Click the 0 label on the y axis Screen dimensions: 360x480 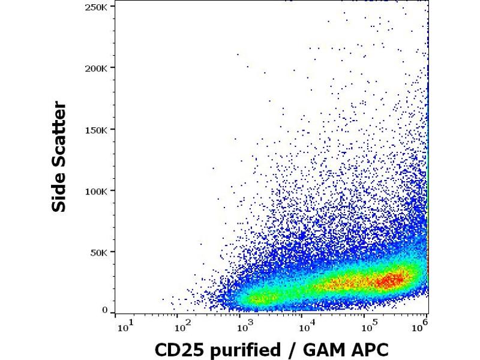coord(105,310)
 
